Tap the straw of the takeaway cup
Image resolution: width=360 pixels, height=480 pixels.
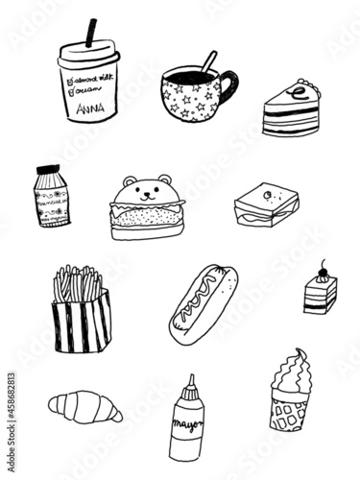pyautogui.click(x=92, y=34)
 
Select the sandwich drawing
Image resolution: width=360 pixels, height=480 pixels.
pyautogui.click(x=266, y=204)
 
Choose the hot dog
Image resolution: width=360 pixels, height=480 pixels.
pyautogui.click(x=202, y=305)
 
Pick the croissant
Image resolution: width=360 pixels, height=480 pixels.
pyautogui.click(x=84, y=407)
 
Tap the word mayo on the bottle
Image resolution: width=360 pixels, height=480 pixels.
pyautogui.click(x=186, y=422)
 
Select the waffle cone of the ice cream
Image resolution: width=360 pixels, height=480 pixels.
pyautogui.click(x=288, y=407)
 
